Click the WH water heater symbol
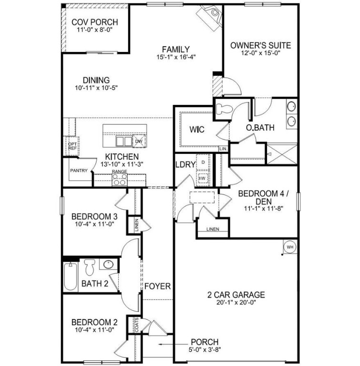pos(289,247)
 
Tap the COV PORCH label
pos(94,22)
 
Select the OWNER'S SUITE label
pos(260,46)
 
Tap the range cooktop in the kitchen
pos(120,179)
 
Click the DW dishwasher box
pos(138,142)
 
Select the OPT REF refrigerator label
pos(72,146)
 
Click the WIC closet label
pos(197,130)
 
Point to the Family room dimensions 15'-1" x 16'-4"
pos(175,57)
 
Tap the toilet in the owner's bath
pos(223,109)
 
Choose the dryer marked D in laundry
pos(203,163)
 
